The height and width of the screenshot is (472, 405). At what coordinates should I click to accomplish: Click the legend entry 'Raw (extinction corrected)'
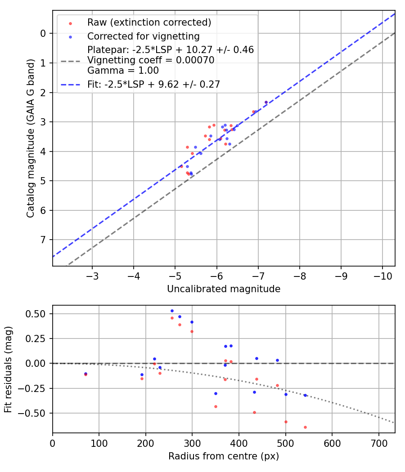coord(149,22)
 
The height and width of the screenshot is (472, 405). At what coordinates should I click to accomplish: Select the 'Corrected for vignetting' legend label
coord(143,36)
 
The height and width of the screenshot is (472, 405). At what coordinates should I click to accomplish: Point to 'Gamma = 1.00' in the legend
coord(123,70)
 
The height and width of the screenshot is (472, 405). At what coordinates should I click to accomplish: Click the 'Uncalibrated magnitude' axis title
coord(224,289)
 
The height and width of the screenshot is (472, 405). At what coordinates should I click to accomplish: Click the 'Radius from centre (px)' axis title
coord(224,456)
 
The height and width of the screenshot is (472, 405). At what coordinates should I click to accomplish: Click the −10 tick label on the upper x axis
coord(382,275)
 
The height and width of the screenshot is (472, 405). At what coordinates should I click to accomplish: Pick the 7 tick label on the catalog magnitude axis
coord(43,240)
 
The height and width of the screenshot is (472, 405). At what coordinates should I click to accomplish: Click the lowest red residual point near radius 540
coord(305,427)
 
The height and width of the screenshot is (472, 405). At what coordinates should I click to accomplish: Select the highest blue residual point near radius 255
coord(172,311)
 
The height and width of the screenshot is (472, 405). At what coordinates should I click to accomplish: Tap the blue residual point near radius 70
coord(85,374)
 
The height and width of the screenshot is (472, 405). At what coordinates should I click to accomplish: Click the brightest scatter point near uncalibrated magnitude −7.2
coord(266,102)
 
